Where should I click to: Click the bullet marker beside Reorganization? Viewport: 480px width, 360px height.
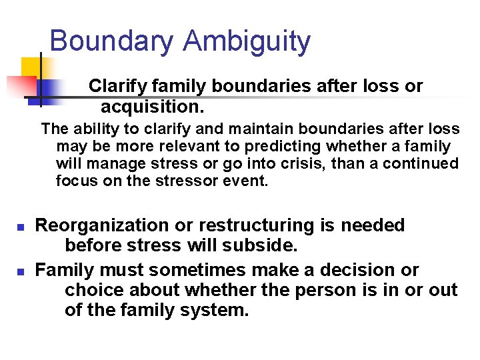click(20, 227)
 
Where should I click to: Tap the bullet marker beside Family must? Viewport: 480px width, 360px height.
click(20, 271)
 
